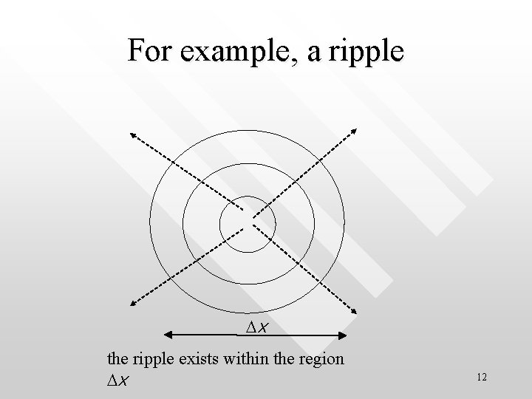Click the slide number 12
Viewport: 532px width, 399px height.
click(482, 378)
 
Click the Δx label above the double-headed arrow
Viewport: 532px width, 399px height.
click(256, 327)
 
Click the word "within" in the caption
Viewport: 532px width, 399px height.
click(246, 360)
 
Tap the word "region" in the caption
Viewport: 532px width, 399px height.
click(320, 361)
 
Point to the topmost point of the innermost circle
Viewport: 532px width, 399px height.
click(248, 196)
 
